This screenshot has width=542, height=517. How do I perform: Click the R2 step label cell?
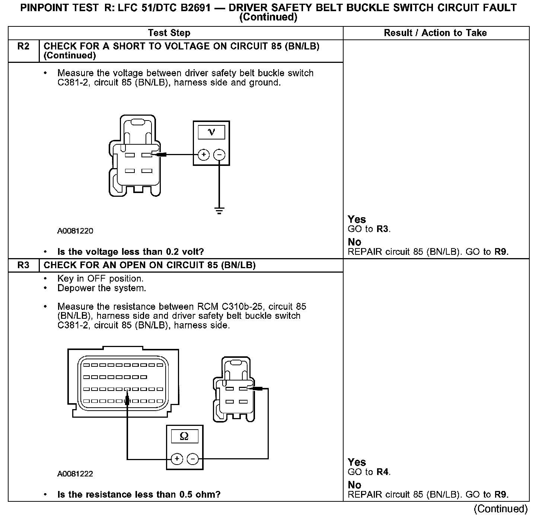[23, 46]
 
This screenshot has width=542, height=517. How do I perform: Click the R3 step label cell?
[23, 265]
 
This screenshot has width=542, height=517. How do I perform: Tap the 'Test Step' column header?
[169, 33]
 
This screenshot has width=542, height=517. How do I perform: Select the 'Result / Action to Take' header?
[435, 33]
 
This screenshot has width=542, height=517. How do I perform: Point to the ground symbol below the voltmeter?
[220, 211]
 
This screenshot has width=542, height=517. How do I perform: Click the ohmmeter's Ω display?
[184, 436]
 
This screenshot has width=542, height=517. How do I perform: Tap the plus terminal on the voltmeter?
[203, 154]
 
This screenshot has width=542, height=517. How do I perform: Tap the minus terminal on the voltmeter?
[220, 154]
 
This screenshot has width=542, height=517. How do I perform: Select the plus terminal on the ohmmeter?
[176, 459]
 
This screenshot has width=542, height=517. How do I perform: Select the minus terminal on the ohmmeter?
[192, 459]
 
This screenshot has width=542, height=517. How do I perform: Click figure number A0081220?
[75, 231]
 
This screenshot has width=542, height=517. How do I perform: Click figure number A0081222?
[75, 474]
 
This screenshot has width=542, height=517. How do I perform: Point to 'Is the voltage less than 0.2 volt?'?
[131, 252]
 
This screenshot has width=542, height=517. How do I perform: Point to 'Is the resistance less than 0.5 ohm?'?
[139, 495]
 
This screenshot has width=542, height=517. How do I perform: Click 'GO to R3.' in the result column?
[369, 229]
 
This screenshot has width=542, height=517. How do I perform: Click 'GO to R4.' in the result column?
[369, 472]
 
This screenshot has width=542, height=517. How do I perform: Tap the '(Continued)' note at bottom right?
[501, 509]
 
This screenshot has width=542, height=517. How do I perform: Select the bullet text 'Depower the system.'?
[102, 288]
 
